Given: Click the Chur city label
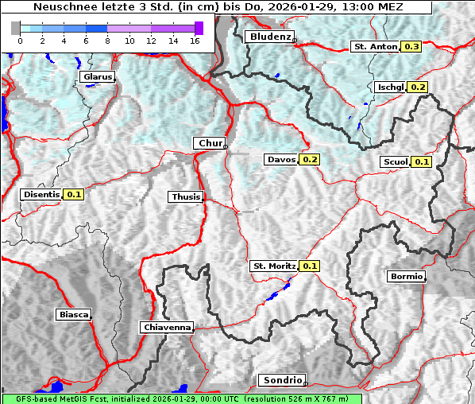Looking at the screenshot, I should (x=210, y=143).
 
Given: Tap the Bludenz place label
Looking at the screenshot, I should (x=269, y=37).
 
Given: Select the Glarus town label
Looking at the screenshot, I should (x=97, y=77).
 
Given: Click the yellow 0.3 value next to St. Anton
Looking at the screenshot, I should (x=411, y=47).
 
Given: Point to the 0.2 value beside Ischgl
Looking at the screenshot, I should (x=418, y=87).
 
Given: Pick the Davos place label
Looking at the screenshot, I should (x=281, y=160).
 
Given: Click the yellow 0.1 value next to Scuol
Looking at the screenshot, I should (x=422, y=162).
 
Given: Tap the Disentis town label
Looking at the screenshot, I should (x=41, y=194).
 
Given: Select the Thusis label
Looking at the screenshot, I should (x=186, y=197).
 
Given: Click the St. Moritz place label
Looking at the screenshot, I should (x=274, y=266).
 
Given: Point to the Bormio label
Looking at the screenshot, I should (x=407, y=277).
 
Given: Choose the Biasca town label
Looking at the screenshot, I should (x=74, y=315).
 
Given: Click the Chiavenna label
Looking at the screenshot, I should (x=167, y=327).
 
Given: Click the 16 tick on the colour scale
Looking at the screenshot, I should (x=193, y=40).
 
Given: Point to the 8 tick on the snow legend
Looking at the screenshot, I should (x=106, y=40).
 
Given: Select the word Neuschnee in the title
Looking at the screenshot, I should (x=60, y=7).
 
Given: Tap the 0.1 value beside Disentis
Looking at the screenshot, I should (x=74, y=194).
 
